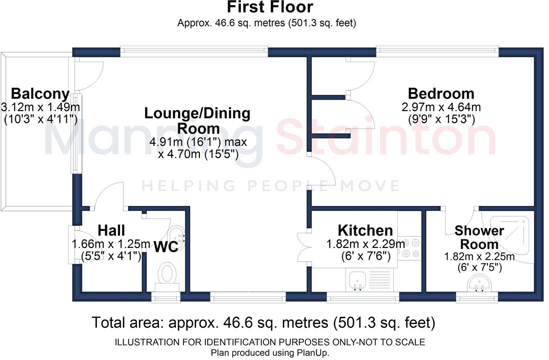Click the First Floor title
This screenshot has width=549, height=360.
[x=270, y=7]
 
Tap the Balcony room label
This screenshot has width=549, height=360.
[x=40, y=94]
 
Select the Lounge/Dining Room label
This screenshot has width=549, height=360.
[x=198, y=121]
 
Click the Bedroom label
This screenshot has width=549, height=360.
[x=441, y=94]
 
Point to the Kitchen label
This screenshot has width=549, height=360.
[x=365, y=231]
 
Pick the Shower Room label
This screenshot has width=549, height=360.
[x=479, y=237]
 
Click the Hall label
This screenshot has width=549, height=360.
[x=111, y=231]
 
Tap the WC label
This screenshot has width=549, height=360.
[x=166, y=247]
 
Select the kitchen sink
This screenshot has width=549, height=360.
[x=357, y=281]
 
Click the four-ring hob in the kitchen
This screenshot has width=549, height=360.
[x=410, y=248]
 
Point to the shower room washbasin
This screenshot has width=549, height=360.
[x=479, y=283]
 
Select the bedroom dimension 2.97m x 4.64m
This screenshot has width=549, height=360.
[x=441, y=107]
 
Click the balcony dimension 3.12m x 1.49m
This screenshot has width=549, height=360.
[x=40, y=107]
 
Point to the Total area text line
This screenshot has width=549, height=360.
[x=263, y=322]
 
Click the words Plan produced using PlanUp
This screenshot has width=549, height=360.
[x=270, y=353]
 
